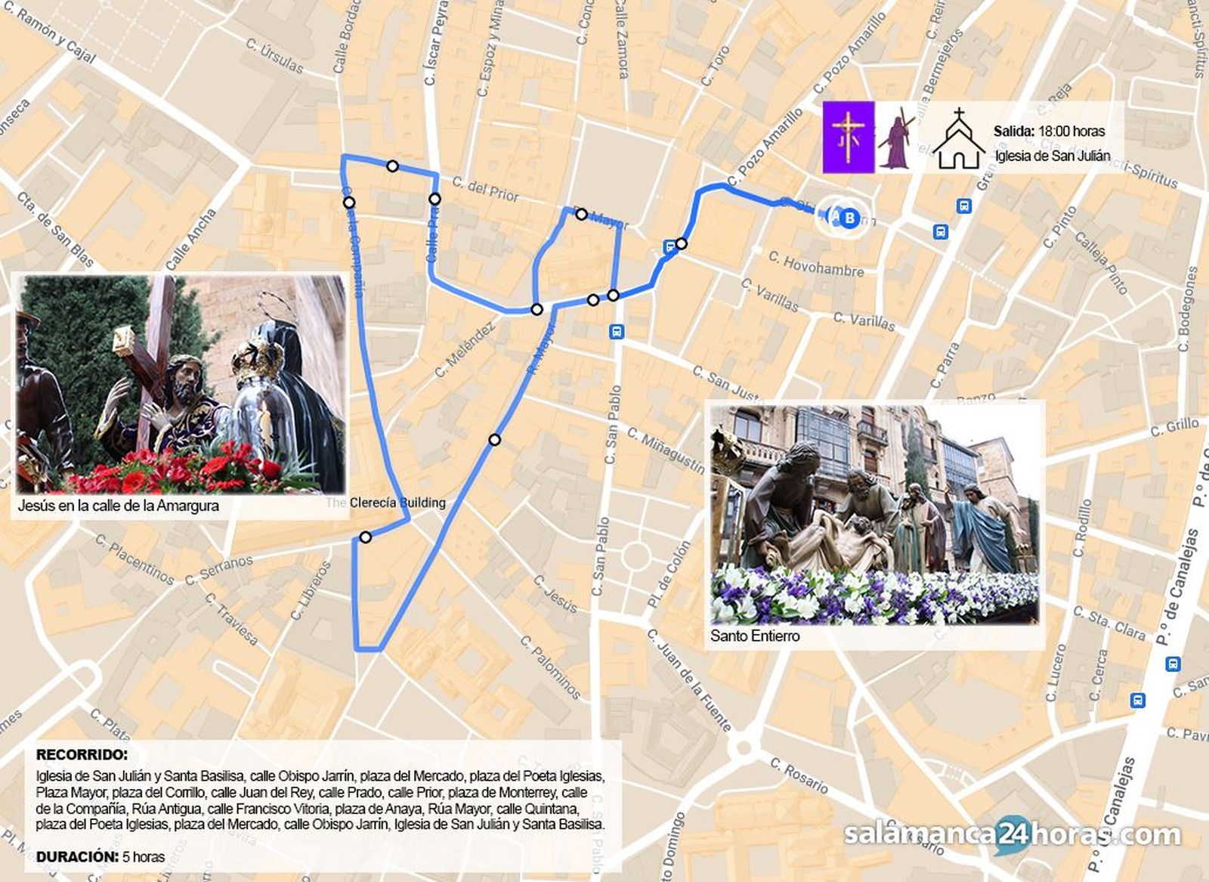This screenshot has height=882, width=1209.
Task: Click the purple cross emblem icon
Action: click(848, 137)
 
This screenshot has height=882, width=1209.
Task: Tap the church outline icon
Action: click(958, 139)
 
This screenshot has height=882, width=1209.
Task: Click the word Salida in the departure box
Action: click(1013, 131)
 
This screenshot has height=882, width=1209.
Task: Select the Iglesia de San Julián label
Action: click(1052, 156)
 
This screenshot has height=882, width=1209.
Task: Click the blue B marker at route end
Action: click(849, 218)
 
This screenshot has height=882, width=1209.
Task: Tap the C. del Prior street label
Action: click(485, 189)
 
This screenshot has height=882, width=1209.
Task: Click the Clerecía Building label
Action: click(397, 503)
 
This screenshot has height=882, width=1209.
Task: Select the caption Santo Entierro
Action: click(754, 636)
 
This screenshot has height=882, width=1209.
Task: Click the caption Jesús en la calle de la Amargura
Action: click(119, 506)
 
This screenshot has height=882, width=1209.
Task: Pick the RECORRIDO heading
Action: click(82, 754)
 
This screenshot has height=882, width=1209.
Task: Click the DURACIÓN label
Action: click(77, 856)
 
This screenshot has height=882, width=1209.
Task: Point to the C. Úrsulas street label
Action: click(274, 57)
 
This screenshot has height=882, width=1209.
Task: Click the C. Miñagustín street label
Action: click(666, 451)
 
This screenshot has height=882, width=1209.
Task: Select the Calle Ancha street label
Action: click(190, 240)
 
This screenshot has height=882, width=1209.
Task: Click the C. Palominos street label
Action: click(550, 667)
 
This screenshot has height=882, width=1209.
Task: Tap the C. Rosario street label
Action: click(799, 775)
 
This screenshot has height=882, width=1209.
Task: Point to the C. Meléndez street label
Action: click(465, 349)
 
